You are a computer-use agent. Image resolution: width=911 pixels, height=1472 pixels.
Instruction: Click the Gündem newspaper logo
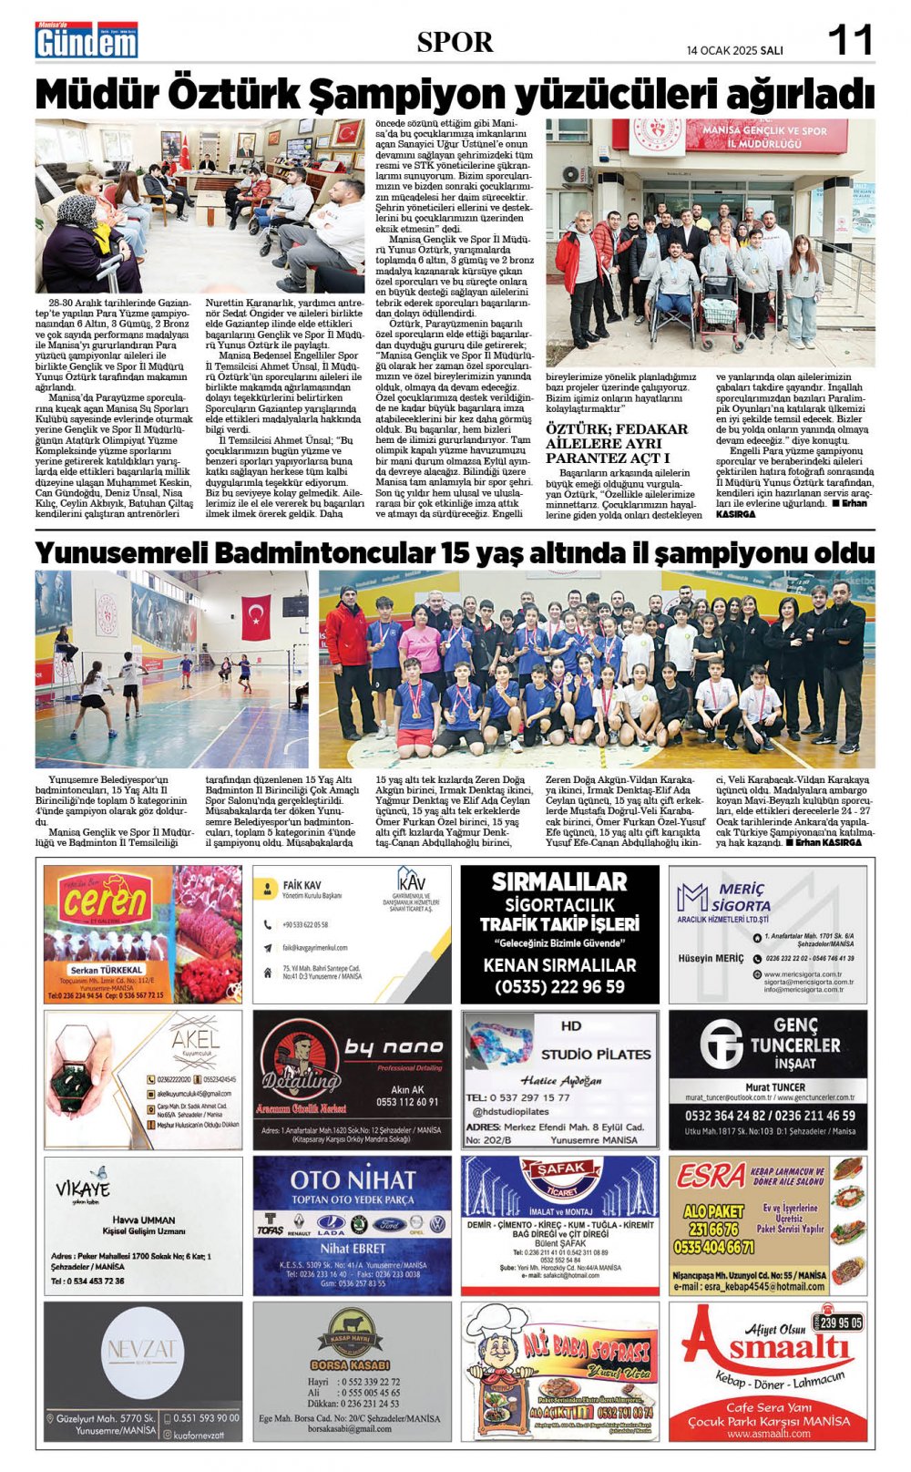(87, 41)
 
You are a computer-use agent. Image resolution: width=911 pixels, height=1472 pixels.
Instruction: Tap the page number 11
(850, 41)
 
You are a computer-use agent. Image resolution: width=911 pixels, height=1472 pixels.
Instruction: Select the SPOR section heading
(455, 42)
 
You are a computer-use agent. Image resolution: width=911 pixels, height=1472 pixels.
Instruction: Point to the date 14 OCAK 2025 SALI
(735, 50)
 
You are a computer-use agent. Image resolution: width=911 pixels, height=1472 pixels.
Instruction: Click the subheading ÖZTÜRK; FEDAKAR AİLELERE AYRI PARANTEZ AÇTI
(617, 442)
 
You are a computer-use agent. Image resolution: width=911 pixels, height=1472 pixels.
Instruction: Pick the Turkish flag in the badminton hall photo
(256, 616)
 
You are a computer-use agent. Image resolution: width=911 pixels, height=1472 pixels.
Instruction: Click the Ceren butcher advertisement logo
(106, 903)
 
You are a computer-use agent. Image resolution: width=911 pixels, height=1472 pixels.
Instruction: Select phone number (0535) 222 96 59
(559, 986)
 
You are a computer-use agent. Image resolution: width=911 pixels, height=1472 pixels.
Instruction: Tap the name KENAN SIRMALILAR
(559, 964)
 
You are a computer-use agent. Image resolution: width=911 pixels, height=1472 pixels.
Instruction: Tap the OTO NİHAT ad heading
(352, 1179)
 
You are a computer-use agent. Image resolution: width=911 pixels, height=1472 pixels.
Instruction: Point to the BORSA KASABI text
(351, 1364)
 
